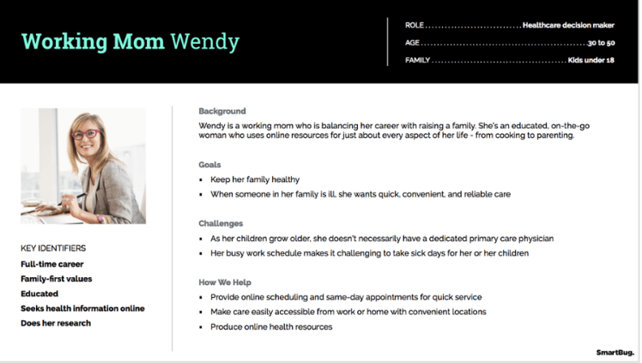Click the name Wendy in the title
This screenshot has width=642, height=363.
click(x=204, y=41)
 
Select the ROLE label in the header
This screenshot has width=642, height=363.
click(x=415, y=25)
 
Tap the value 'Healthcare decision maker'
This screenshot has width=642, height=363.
click(x=568, y=25)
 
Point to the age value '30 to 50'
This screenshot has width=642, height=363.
click(x=601, y=43)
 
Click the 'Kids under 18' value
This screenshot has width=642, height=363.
click(x=591, y=61)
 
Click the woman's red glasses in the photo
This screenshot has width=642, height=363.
click(x=85, y=134)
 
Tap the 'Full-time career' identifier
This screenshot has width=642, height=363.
click(x=52, y=264)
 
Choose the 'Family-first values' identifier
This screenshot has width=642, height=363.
click(x=57, y=279)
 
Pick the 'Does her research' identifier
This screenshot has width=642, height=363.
click(x=56, y=323)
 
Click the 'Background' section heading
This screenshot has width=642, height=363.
click(x=222, y=112)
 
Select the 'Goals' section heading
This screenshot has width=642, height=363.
click(x=210, y=165)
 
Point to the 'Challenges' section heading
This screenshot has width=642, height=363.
click(x=221, y=223)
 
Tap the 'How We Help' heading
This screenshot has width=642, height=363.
click(x=225, y=282)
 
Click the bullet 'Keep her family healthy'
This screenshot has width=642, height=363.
click(x=255, y=179)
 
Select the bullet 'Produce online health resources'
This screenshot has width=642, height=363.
click(x=271, y=327)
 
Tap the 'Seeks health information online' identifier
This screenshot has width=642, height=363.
click(x=82, y=308)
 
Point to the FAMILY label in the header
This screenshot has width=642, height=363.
click(x=418, y=61)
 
